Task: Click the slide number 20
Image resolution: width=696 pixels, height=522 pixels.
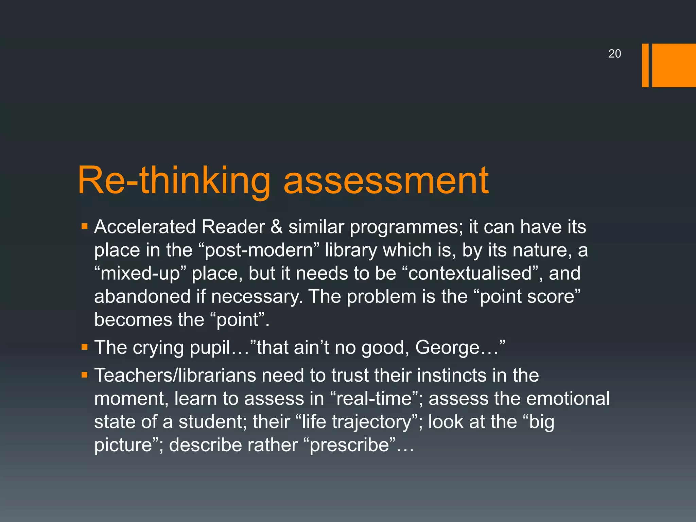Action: (614, 54)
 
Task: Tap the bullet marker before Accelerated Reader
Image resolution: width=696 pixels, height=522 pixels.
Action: (85, 226)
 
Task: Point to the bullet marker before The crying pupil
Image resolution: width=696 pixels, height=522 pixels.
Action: (85, 347)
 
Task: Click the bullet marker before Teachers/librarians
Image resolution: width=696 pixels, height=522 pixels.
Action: (85, 375)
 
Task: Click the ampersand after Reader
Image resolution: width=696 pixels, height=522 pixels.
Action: (277, 227)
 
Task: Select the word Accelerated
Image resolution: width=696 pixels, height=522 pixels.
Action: (145, 227)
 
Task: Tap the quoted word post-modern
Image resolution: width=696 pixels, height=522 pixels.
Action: (259, 250)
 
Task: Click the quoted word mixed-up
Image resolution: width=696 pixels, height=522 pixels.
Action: (140, 274)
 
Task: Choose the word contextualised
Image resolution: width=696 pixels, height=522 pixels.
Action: (470, 274)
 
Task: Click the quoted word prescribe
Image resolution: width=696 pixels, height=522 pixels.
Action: (349, 446)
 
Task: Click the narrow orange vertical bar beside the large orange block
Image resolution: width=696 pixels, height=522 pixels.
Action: (645, 65)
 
